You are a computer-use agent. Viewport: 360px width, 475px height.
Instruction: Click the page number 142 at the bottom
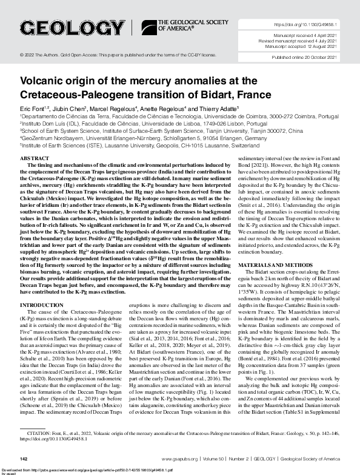pyautogui.click(x=25, y=459)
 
